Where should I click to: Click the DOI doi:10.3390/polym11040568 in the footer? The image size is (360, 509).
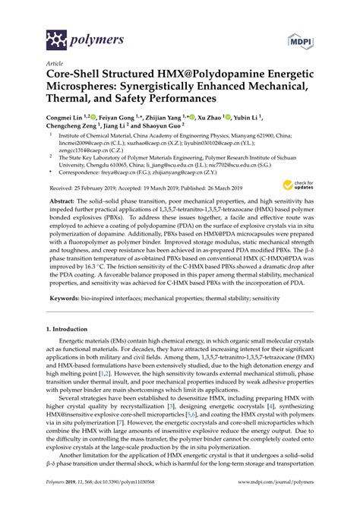click(119, 502)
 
